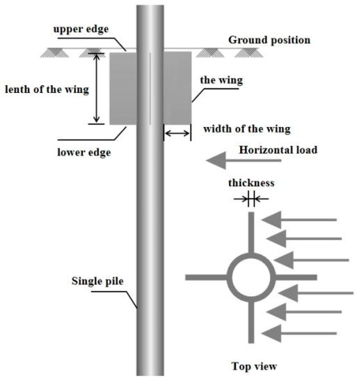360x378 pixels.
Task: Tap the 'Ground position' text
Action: click(x=269, y=40)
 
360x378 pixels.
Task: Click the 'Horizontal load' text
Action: click(x=279, y=149)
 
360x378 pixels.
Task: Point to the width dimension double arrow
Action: click(x=177, y=133)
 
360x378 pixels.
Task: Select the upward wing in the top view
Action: click(x=251, y=233)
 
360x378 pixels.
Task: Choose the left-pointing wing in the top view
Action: click(x=206, y=277)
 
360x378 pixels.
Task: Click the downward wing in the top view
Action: click(x=251, y=321)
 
